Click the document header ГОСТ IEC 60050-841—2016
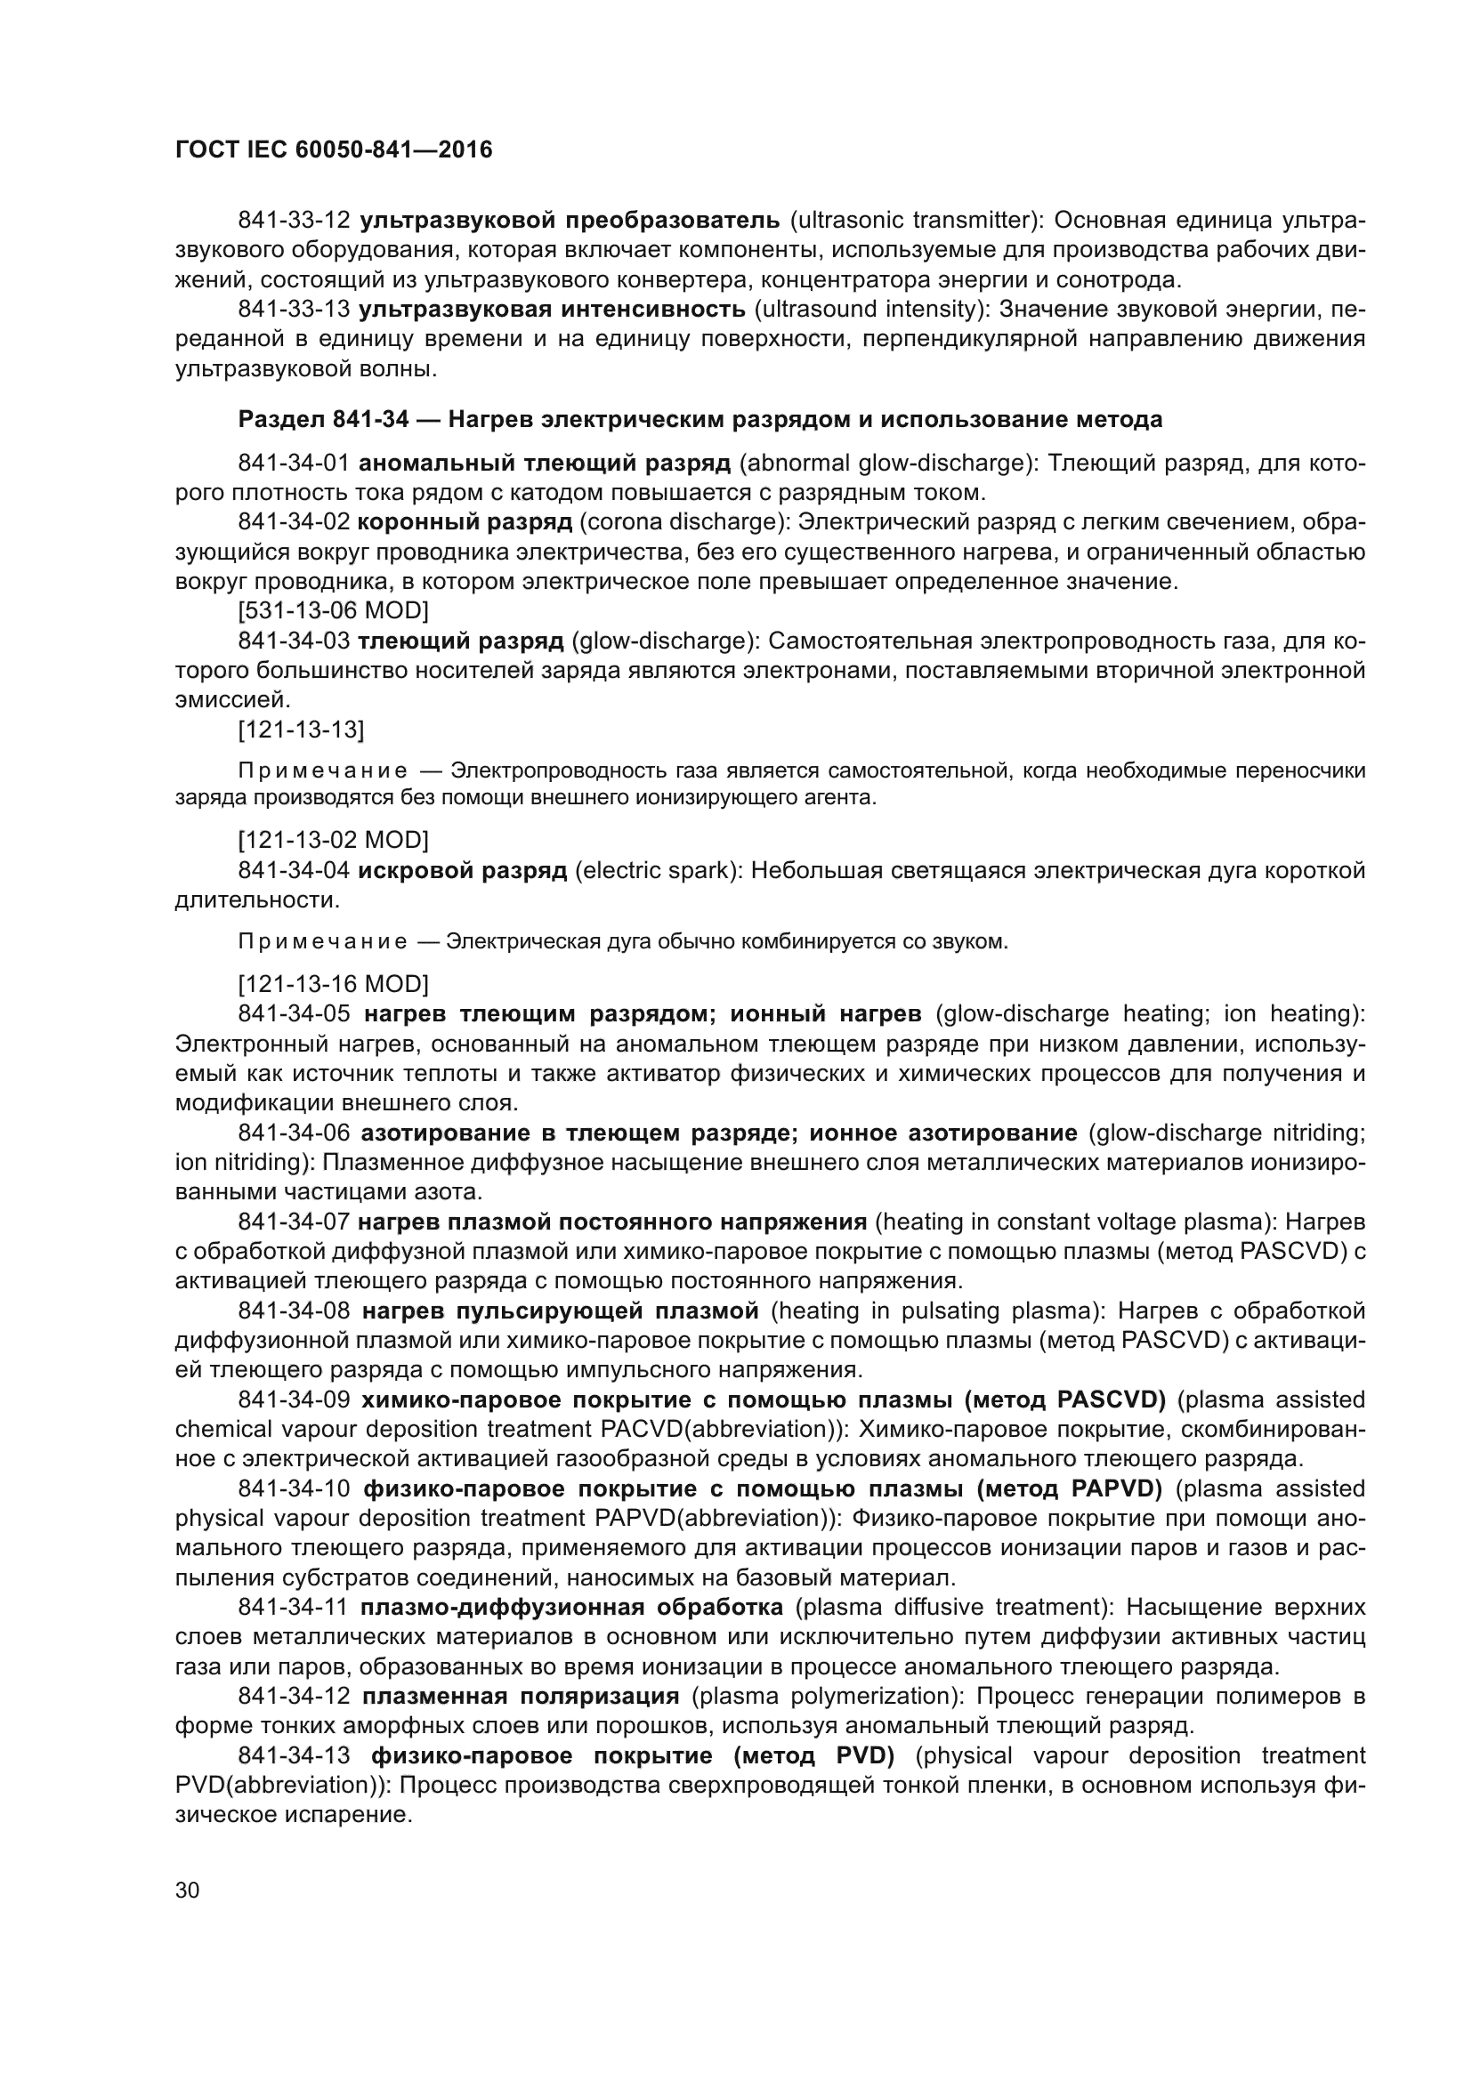click(x=333, y=149)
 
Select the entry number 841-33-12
click(x=294, y=221)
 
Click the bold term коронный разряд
click(x=465, y=522)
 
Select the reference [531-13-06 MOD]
click(x=333, y=611)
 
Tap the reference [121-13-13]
click(x=301, y=730)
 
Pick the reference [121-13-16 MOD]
click(x=333, y=984)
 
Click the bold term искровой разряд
click(x=462, y=871)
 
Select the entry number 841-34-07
click(x=294, y=1222)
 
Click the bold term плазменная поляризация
click(x=521, y=1696)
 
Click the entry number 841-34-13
click(x=294, y=1755)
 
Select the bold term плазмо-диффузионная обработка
click(x=571, y=1607)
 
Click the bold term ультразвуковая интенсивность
click(x=552, y=309)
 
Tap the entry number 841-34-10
click(x=294, y=1488)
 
